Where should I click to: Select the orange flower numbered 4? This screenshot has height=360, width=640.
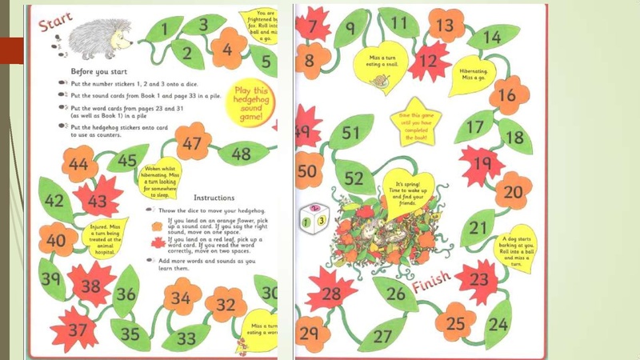pyautogui.click(x=228, y=49)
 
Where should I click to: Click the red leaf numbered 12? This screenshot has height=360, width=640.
pyautogui.click(x=430, y=60)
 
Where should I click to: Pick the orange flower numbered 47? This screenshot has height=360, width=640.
pyautogui.click(x=192, y=145)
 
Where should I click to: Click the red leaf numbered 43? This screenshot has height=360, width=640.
pyautogui.click(x=98, y=199)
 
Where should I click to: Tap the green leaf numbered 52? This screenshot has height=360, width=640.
pyautogui.click(x=354, y=178)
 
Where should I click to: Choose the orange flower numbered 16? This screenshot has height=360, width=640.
pyautogui.click(x=508, y=97)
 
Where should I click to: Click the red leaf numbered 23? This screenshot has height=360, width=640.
pyautogui.click(x=478, y=279)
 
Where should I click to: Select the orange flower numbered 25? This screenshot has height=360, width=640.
pyautogui.click(x=455, y=322)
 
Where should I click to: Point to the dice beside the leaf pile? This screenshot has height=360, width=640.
pyautogui.click(x=312, y=219)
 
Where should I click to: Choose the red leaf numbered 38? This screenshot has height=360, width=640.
pyautogui.click(x=91, y=286)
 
